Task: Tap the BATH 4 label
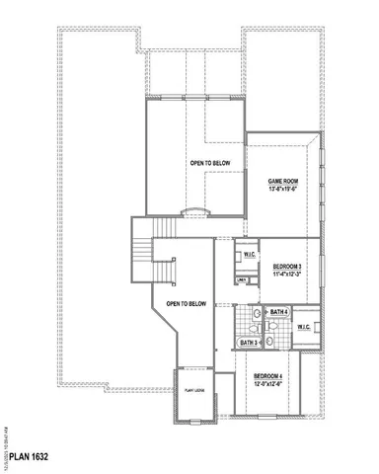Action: click(x=278, y=312)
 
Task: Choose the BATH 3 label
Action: click(x=249, y=343)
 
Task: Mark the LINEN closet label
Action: click(x=241, y=279)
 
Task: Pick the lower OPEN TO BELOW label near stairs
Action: click(x=186, y=304)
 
